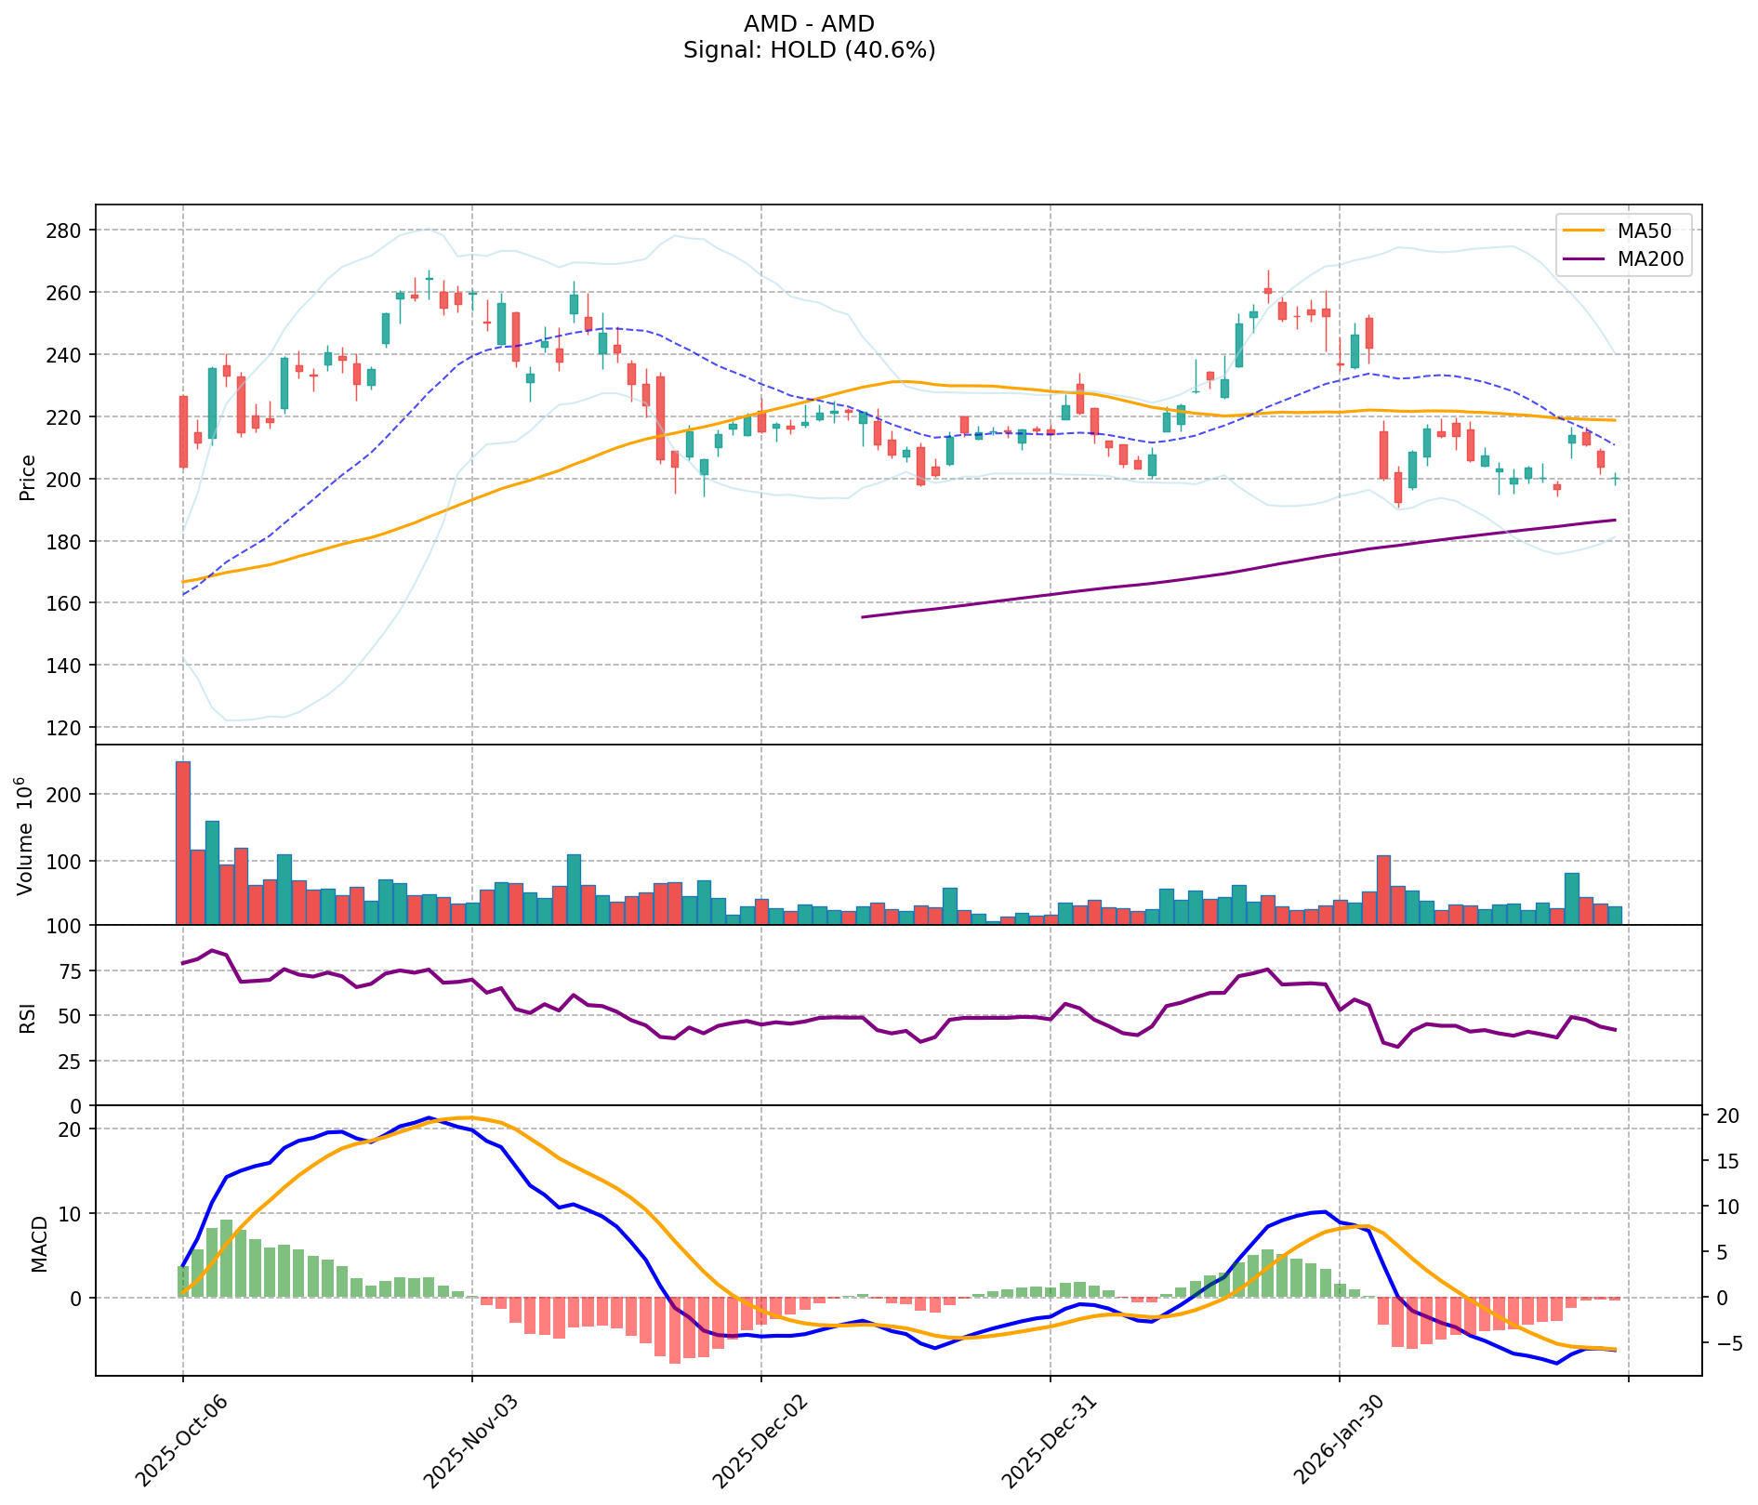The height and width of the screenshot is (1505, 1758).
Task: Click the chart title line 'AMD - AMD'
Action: click(809, 24)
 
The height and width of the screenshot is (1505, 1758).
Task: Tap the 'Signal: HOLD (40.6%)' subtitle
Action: click(809, 50)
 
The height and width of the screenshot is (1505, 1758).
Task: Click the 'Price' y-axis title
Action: click(28, 478)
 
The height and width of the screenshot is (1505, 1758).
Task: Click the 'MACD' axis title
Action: click(39, 1244)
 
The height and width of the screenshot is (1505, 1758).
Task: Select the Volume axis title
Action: click(28, 837)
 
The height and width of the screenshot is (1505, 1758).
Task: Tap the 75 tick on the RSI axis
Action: click(71, 971)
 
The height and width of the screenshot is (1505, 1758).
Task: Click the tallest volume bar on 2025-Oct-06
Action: click(183, 842)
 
